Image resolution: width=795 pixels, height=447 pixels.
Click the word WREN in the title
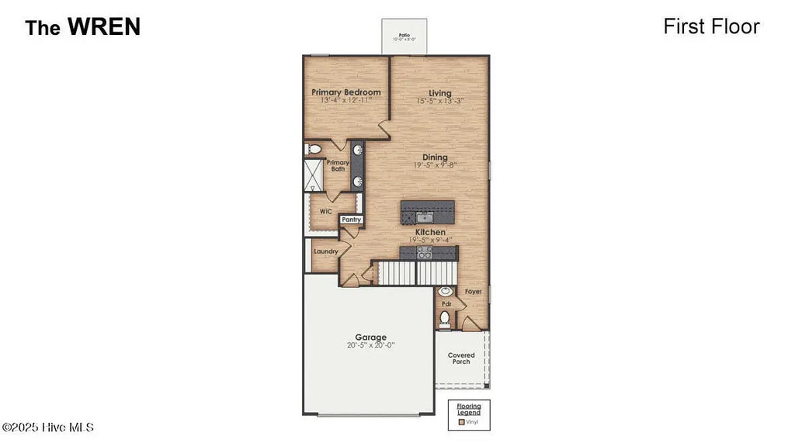coord(103,26)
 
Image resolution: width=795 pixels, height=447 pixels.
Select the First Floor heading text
coord(711,26)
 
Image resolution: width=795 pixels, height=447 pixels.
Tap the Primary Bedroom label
coord(346,92)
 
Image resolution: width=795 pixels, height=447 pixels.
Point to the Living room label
coord(439,93)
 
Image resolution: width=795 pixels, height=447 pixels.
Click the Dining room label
coord(435,158)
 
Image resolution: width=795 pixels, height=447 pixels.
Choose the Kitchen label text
coord(430,232)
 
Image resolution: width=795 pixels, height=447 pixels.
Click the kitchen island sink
coord(424,216)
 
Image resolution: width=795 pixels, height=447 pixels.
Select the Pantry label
coord(352,220)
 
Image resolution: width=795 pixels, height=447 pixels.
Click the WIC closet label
coord(326,211)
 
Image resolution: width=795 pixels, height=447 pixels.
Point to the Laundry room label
coord(325,251)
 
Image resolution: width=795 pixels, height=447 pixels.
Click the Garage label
coord(371,338)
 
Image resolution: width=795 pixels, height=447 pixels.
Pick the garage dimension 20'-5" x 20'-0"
coord(371,346)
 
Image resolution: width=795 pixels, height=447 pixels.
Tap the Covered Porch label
coord(461,359)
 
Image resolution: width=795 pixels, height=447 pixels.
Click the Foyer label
coord(473,292)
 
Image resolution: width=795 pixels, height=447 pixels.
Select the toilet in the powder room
coord(445,317)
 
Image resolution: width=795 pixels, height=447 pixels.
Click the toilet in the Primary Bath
coord(312,147)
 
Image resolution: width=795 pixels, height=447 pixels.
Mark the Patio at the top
coord(404,36)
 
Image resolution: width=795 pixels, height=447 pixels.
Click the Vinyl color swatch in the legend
coord(461,422)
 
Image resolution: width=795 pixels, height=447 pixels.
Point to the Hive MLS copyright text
coord(48,428)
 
